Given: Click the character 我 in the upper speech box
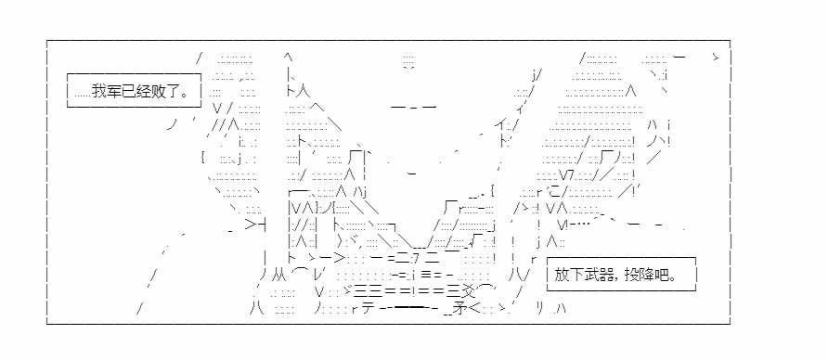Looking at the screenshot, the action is (98, 91).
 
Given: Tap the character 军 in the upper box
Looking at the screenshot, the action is (112, 91).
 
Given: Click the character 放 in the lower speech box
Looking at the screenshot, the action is (562, 275).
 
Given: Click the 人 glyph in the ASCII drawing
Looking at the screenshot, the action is (303, 91).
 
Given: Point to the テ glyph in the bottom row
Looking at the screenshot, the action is (369, 309).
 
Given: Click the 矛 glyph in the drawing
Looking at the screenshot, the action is (459, 309).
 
